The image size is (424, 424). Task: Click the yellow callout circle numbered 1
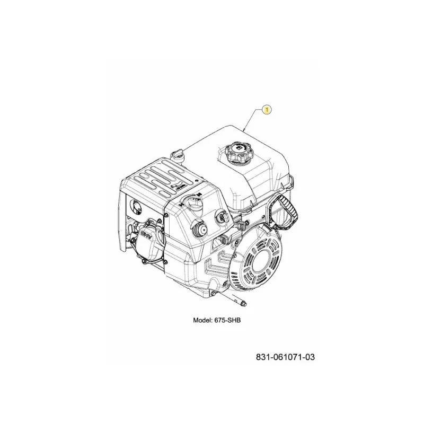[267, 110]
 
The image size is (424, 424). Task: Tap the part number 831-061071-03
[285, 357]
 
